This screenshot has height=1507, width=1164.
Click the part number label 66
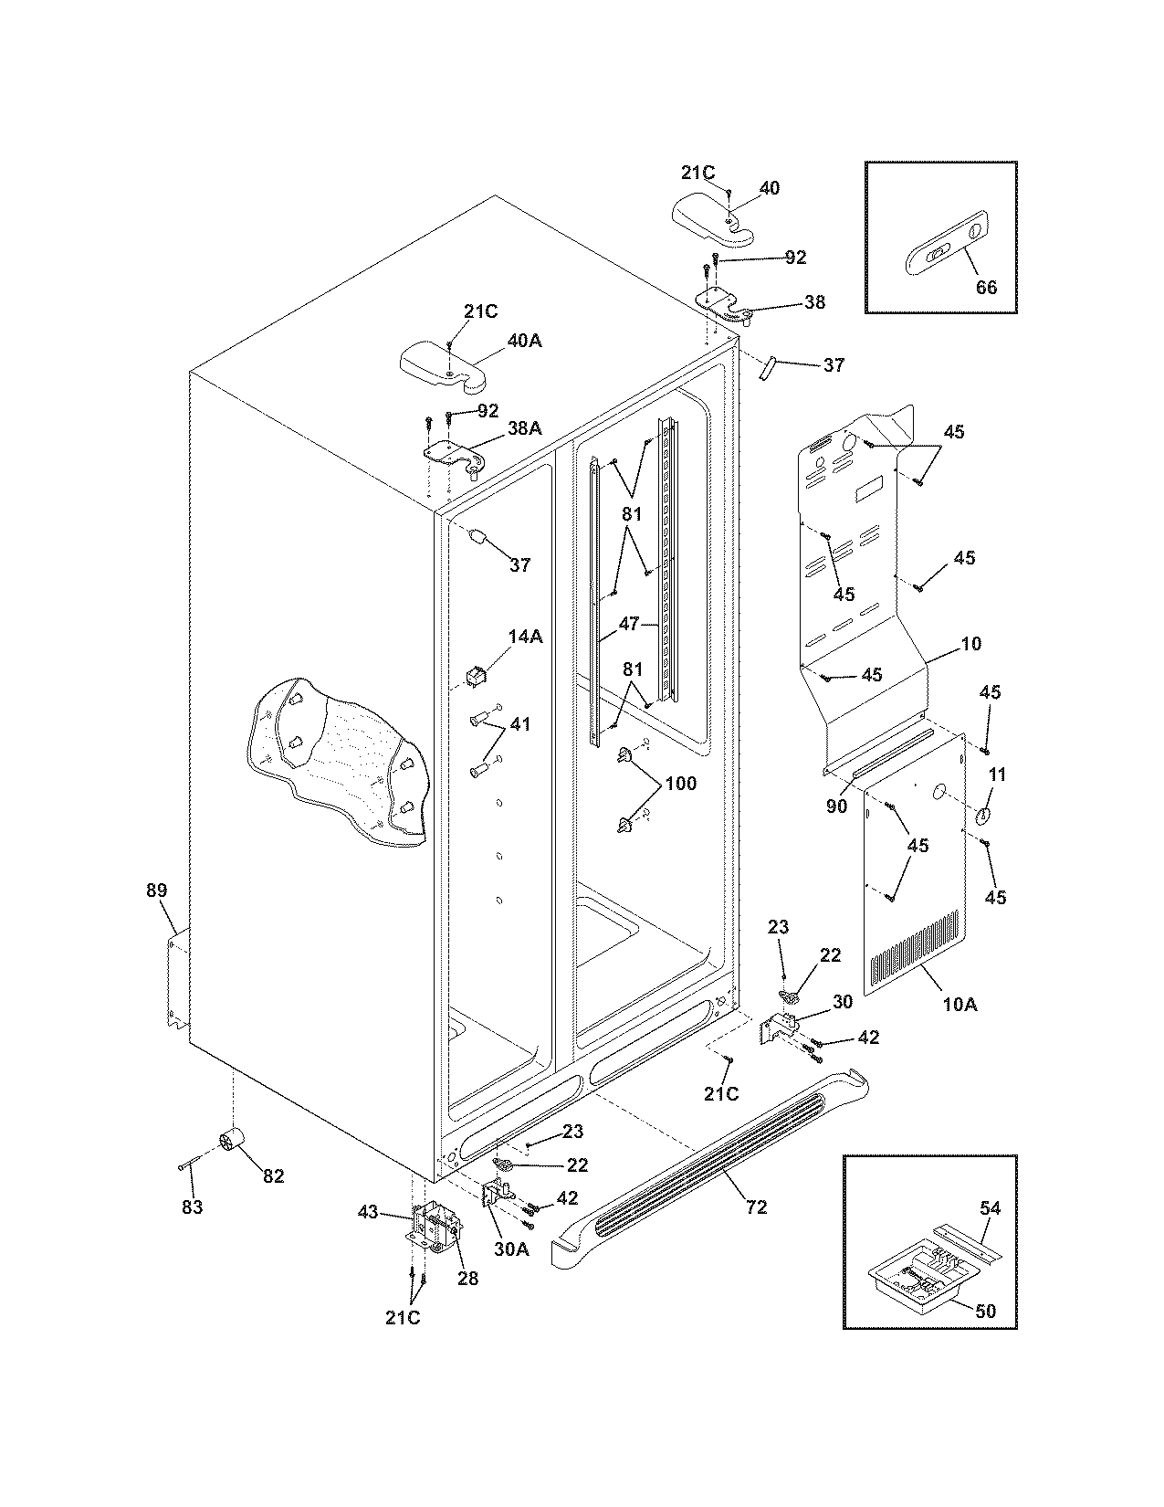pos(986,287)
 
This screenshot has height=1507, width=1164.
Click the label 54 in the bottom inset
pos(990,1208)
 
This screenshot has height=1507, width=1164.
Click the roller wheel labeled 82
pos(236,1143)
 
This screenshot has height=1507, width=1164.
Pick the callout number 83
pos(192,1207)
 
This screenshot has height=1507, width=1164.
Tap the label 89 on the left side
pos(157,890)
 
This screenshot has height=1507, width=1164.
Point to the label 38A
pos(524,427)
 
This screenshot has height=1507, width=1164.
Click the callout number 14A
pos(525,637)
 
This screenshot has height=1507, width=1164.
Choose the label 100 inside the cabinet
pos(680,784)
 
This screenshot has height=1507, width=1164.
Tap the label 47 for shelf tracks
pos(629,625)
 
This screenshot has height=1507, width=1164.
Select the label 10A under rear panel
pos(960,1005)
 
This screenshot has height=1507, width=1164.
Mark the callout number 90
pos(836,806)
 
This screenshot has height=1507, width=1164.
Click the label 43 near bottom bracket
pos(368,1211)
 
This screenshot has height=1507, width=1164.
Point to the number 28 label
pos(467,1279)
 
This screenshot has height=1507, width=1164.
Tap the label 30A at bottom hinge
pos(511,1249)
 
